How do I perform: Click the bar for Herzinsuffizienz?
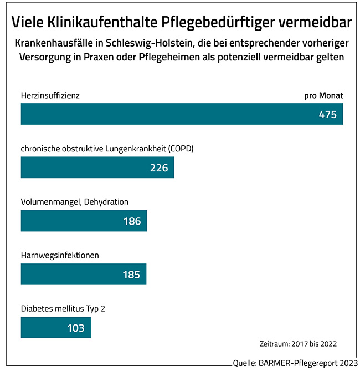(166, 114)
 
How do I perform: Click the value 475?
(328, 115)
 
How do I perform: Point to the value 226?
(159, 167)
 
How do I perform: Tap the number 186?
(132, 221)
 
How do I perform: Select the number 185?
(131, 275)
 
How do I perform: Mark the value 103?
(75, 328)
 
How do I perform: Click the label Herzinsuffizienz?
(50, 95)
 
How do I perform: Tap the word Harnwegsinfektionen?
(60, 255)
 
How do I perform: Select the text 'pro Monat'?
(324, 95)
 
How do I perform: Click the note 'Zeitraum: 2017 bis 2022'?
(298, 343)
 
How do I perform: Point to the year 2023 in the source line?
(347, 363)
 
